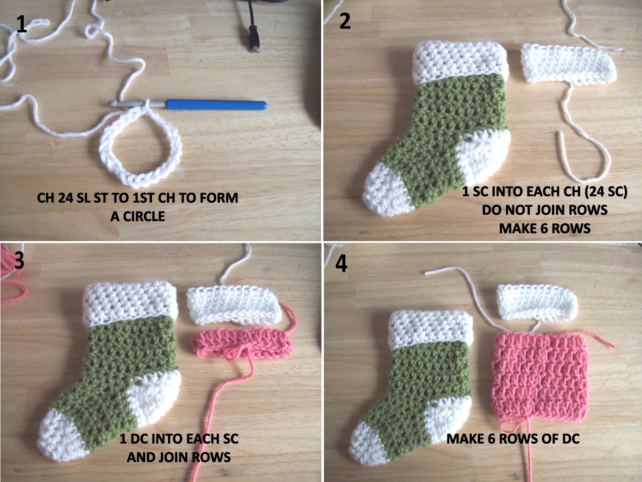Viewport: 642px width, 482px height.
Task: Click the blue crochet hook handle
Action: click(x=217, y=105)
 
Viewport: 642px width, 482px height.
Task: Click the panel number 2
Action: click(x=345, y=21)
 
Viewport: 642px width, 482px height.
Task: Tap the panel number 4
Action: click(x=341, y=264)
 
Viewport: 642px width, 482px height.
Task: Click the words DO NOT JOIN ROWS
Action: click(x=544, y=210)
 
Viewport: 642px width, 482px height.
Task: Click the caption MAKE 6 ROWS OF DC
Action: click(x=513, y=439)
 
